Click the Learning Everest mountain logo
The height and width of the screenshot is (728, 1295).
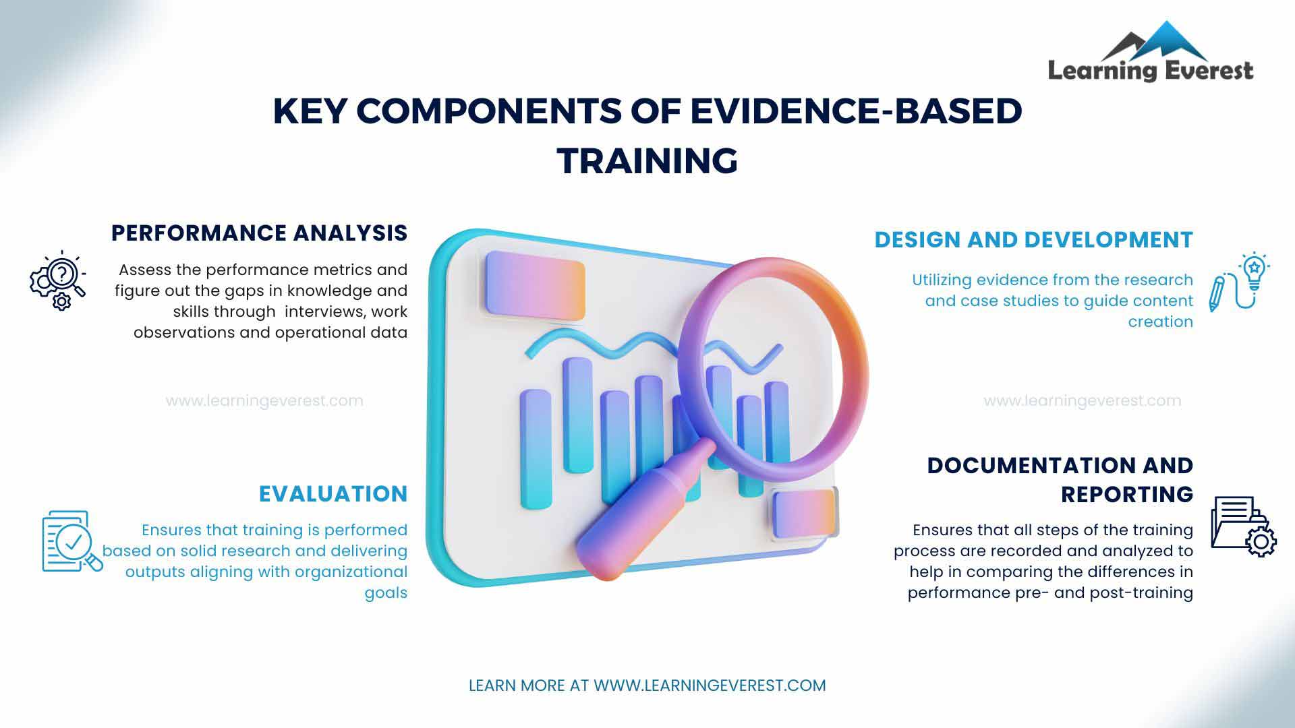[1151, 51]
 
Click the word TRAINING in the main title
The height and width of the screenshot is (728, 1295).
[647, 160]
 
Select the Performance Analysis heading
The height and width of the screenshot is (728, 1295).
[260, 233]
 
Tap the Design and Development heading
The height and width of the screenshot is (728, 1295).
[1034, 240]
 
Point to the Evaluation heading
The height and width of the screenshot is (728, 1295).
[333, 494]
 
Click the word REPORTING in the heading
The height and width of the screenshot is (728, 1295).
[1127, 495]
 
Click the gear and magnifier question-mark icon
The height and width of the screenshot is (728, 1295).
[58, 280]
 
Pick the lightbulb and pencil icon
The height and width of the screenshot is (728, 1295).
[1240, 282]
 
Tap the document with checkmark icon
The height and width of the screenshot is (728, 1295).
[72, 541]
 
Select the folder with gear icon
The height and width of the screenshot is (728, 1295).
[1244, 526]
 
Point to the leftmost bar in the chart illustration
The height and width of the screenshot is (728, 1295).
[536, 449]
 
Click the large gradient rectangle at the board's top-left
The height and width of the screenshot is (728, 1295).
[535, 285]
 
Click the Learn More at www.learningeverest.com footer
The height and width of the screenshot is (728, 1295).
[647, 686]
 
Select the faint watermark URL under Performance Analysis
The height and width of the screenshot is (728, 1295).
[264, 401]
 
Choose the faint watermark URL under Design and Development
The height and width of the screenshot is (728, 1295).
[1083, 401]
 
